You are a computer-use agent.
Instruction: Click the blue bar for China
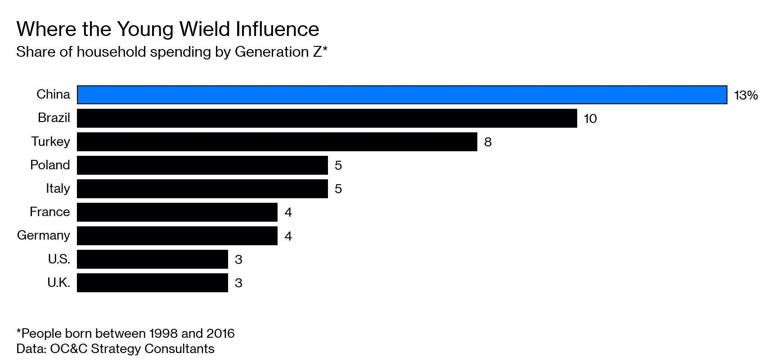(402, 95)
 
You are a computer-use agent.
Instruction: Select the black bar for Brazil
(327, 118)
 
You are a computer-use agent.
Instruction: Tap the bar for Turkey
(277, 141)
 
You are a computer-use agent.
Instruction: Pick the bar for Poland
(202, 165)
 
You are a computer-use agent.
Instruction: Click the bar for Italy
(202, 188)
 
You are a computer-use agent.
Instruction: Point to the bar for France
(177, 212)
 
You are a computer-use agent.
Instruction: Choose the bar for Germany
(177, 236)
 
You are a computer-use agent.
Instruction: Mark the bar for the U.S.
(152, 259)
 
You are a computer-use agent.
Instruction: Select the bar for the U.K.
(152, 282)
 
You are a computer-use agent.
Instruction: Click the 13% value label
(745, 95)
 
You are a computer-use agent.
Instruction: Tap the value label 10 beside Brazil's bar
(590, 119)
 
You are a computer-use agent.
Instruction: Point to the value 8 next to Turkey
(488, 142)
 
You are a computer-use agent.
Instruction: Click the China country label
(53, 95)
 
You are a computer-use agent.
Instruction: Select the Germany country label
(44, 236)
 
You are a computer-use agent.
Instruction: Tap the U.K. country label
(58, 282)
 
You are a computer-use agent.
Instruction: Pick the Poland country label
(50, 165)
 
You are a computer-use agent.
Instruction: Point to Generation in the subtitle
(271, 52)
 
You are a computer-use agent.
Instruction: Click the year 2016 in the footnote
(220, 333)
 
